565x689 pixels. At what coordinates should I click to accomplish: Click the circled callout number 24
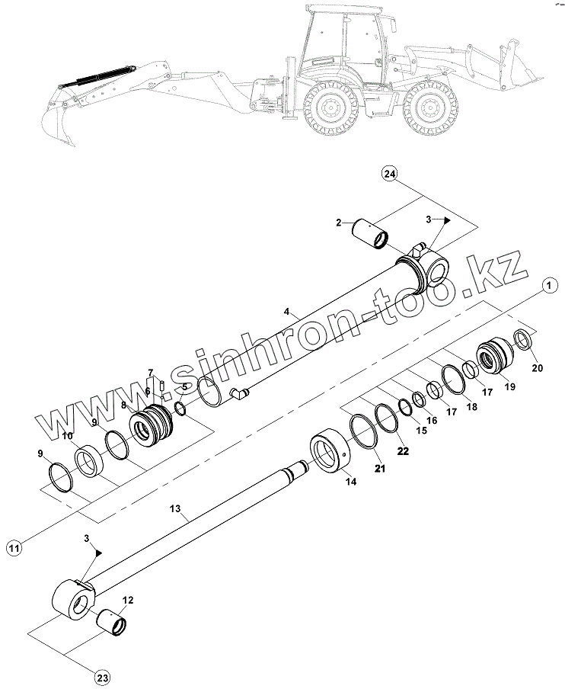[389, 175]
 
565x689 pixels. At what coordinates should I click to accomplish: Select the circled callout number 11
[15, 546]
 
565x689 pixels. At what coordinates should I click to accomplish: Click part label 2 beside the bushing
[338, 223]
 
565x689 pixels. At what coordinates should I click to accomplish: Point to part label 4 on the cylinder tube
[286, 312]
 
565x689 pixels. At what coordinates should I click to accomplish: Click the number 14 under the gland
[350, 481]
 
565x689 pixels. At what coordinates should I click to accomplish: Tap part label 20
[537, 368]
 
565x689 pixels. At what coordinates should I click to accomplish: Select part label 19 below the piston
[509, 386]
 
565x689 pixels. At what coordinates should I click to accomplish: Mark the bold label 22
[403, 451]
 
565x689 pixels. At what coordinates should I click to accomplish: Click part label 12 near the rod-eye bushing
[128, 600]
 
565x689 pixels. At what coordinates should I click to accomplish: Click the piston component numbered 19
[496, 356]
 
